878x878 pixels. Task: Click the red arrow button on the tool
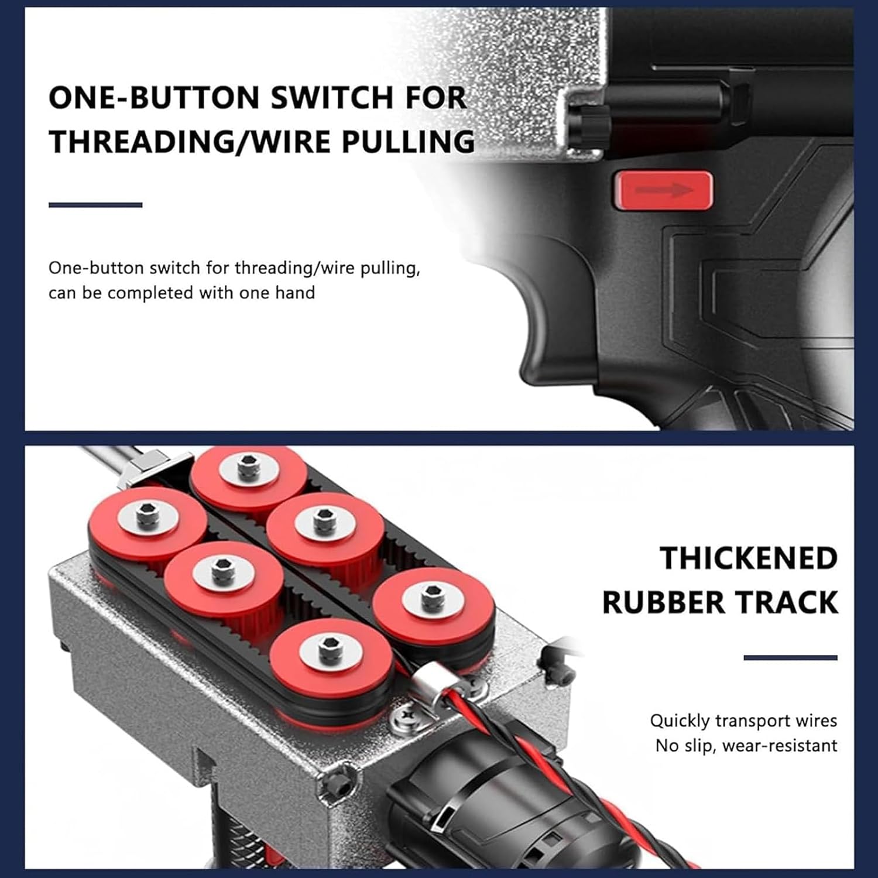[x=663, y=190]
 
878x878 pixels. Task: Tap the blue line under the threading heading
[x=95, y=205]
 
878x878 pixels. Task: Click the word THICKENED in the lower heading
[x=749, y=558]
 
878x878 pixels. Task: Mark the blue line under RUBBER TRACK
[x=790, y=658]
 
